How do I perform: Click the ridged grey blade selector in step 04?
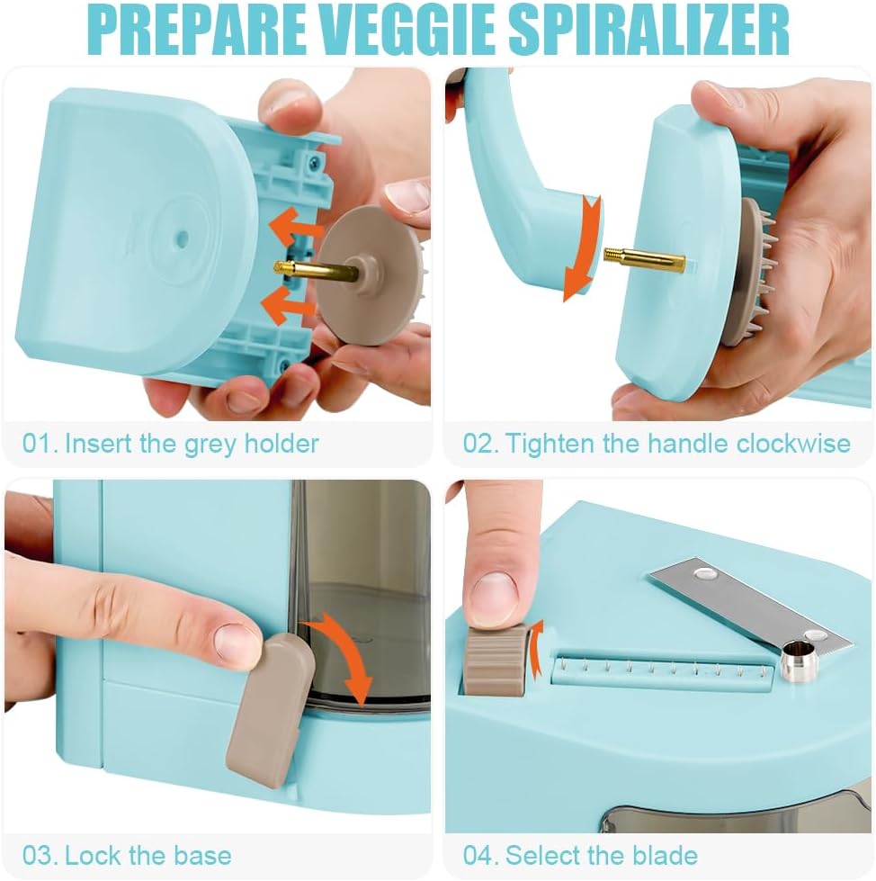tap(495, 661)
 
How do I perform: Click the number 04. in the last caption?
tap(482, 854)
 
